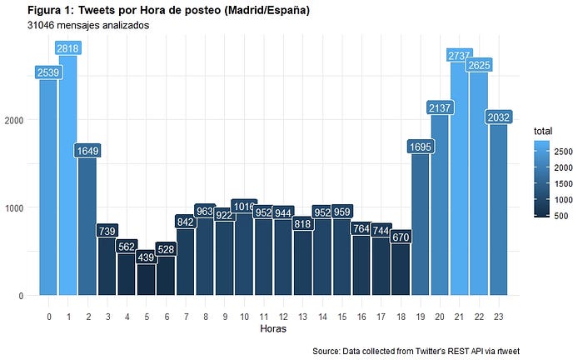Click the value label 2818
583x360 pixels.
(x=68, y=48)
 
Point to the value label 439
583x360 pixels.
(x=146, y=257)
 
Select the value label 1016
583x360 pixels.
(x=244, y=206)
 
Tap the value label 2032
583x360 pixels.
(x=499, y=117)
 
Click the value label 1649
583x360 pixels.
(x=87, y=151)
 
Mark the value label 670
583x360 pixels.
(x=401, y=237)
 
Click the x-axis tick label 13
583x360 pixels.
(x=302, y=317)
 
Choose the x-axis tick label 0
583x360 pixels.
(x=48, y=317)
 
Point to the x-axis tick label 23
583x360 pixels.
(x=499, y=317)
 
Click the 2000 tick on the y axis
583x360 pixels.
(x=14, y=120)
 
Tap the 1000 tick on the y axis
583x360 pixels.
(x=14, y=207)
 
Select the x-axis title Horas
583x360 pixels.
(x=273, y=329)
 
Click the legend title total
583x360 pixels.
(x=543, y=131)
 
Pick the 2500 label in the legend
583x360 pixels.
(x=563, y=152)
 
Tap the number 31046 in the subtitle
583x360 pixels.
(x=41, y=25)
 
